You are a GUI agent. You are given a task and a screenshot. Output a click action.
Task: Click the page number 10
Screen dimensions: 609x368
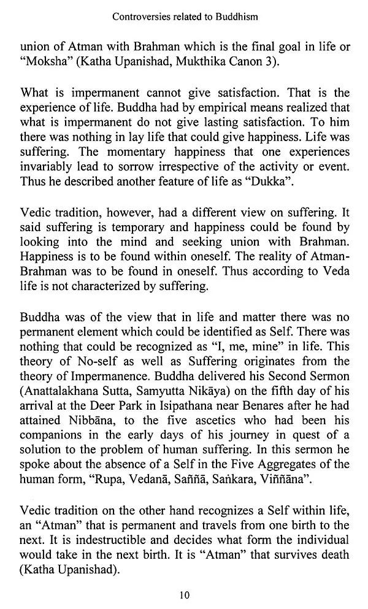coord(183,592)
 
